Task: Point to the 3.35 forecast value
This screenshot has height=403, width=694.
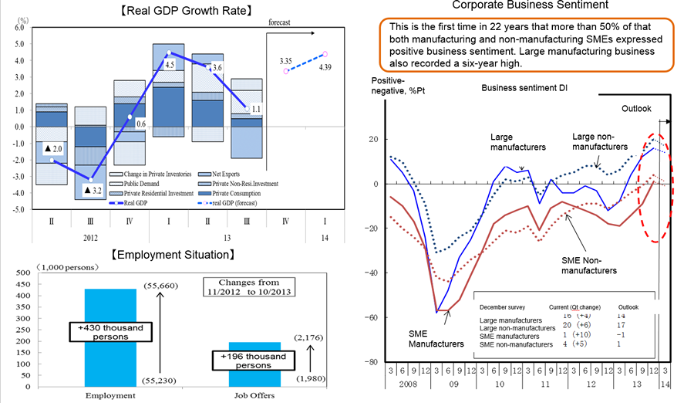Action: (285, 59)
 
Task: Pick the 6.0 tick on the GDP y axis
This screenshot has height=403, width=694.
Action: (19, 27)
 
